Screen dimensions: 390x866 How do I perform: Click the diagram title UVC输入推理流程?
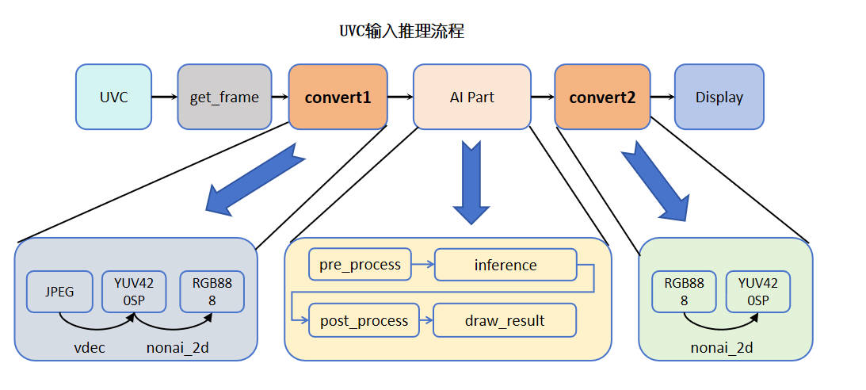click(401, 32)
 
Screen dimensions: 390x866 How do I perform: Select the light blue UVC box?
click(113, 97)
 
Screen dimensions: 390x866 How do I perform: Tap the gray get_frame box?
click(224, 97)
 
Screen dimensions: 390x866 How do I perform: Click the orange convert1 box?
click(338, 97)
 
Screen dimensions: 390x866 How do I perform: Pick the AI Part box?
click(471, 97)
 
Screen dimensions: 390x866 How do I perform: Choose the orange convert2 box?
click(602, 97)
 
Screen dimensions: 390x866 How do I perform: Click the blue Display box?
click(719, 97)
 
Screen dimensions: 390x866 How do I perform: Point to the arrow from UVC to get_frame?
click(164, 97)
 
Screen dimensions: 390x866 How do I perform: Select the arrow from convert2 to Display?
click(662, 97)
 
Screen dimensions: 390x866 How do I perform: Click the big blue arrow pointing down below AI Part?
click(471, 183)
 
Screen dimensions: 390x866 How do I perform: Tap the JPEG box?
click(59, 292)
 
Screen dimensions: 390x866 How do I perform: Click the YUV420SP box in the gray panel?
click(134, 292)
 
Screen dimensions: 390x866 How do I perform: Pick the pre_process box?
click(360, 265)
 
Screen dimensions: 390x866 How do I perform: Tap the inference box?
click(505, 265)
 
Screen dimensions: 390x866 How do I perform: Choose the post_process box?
click(364, 320)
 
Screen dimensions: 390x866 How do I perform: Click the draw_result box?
click(505, 320)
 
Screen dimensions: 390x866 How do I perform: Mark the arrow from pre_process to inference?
click(423, 265)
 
